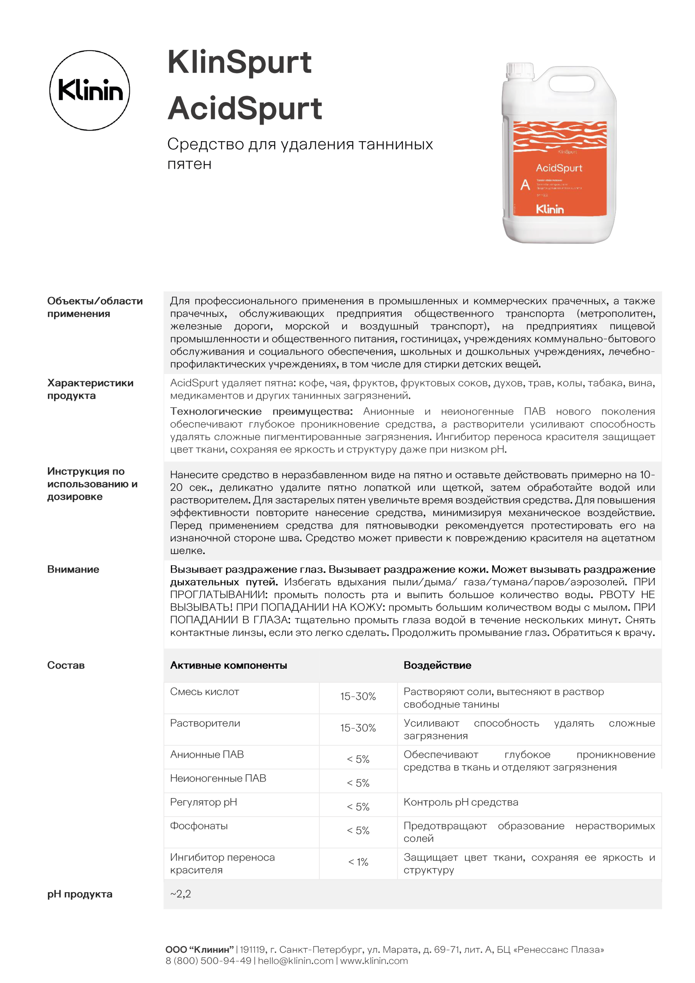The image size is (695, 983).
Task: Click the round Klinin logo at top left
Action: click(89, 90)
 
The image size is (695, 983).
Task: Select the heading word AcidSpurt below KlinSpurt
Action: click(245, 109)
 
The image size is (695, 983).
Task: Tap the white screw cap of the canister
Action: click(520, 71)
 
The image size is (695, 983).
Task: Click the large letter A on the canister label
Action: click(525, 185)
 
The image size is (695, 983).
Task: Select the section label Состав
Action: click(66, 665)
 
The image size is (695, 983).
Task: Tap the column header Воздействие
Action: click(437, 665)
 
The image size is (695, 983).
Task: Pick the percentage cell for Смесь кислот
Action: click(358, 696)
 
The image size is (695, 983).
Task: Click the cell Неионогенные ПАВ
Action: click(218, 778)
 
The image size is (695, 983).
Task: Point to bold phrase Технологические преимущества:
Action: click(261, 412)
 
